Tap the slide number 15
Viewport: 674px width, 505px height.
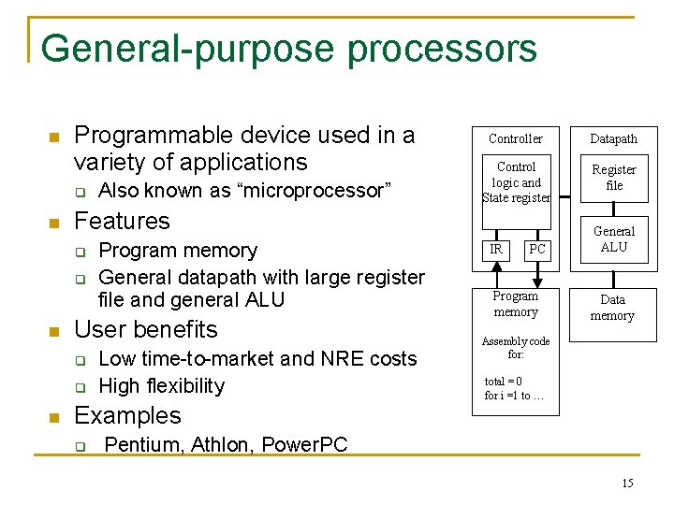(x=627, y=483)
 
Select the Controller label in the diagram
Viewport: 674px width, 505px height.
(x=516, y=138)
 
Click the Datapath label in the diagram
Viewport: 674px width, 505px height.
(x=613, y=138)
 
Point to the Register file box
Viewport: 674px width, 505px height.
(x=613, y=178)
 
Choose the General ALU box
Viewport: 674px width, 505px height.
(x=613, y=239)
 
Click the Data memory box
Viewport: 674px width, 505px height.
(x=612, y=308)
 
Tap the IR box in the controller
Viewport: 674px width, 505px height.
(x=496, y=249)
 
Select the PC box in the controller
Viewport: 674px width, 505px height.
(x=536, y=249)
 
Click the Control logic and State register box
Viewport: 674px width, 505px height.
(x=516, y=182)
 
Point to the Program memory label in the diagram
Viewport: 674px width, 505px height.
(x=516, y=304)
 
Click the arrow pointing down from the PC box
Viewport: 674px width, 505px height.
(x=536, y=273)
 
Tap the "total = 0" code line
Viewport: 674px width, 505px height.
(x=504, y=381)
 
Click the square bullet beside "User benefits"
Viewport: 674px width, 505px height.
(x=53, y=331)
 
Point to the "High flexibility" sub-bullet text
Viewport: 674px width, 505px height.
(x=161, y=385)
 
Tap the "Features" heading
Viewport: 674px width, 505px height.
(x=122, y=221)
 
